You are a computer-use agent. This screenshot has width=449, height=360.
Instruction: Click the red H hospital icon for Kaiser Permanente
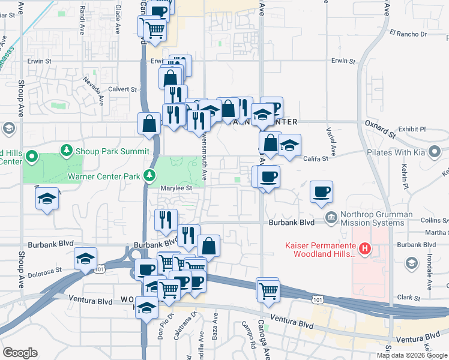[x=363, y=248]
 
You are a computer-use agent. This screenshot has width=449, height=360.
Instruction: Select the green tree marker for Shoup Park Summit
[x=65, y=149]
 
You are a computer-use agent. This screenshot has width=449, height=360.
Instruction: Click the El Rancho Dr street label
[x=408, y=34]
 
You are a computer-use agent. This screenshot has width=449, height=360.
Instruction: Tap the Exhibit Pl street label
[x=412, y=129]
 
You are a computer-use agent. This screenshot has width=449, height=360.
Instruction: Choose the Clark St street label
[x=408, y=297]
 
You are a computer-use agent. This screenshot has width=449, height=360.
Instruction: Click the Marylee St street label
[x=175, y=188]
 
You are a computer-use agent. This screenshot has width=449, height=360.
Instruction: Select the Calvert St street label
[x=122, y=89]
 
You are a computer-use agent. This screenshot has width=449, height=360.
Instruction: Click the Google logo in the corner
[x=20, y=353]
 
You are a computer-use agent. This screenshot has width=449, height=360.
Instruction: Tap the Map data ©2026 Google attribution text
[x=412, y=355]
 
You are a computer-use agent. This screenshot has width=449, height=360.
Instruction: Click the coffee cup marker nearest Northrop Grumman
[x=321, y=192]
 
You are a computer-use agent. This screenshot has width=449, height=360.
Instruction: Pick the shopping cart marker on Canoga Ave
[x=268, y=290]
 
